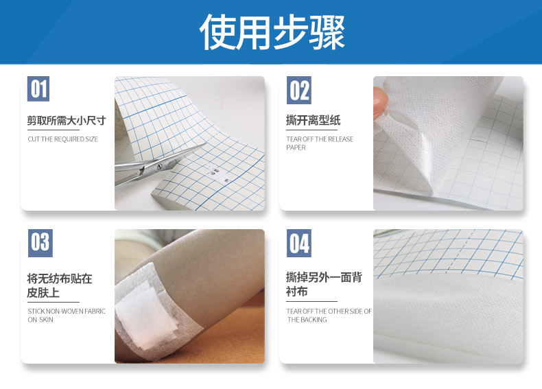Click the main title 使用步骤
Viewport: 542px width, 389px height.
272,32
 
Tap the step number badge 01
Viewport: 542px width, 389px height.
38,89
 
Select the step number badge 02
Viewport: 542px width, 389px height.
299,90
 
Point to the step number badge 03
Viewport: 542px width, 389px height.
40,243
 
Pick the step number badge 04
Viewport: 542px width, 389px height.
299,243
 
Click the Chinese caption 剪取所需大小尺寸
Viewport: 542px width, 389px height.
67,120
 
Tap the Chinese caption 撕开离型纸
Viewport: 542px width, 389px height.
313,120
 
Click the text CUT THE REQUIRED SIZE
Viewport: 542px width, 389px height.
63,139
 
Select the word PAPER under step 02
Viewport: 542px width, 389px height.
296,148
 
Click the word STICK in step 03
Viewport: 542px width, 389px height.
36,311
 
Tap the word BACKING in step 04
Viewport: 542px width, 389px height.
314,320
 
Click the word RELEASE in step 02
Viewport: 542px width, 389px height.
340,139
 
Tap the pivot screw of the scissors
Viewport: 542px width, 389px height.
159,167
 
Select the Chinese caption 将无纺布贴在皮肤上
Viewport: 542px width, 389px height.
60,285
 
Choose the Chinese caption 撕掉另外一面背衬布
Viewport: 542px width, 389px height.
324,284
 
